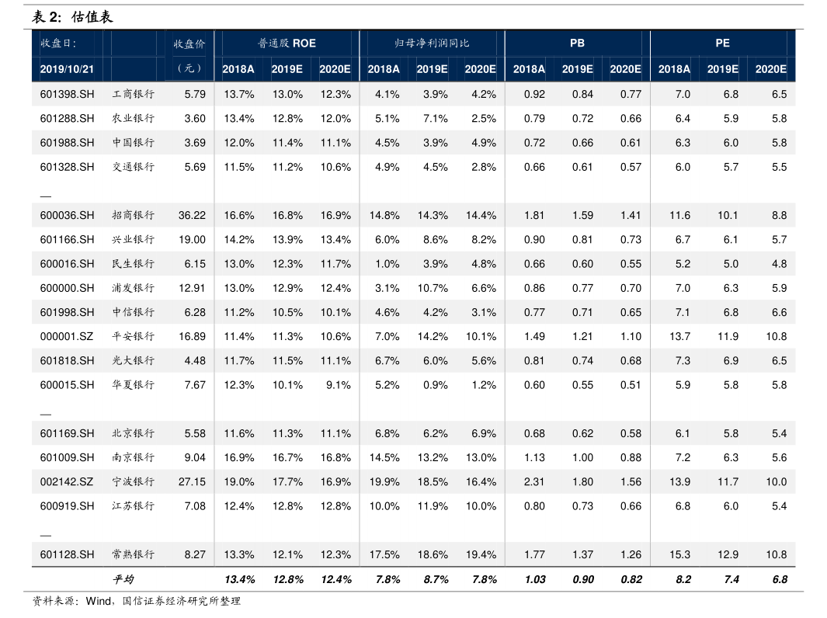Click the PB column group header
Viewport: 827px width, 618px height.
(x=577, y=43)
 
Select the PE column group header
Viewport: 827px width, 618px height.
(x=722, y=43)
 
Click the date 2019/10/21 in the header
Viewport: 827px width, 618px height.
(x=67, y=69)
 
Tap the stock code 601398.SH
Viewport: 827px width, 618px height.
(x=67, y=95)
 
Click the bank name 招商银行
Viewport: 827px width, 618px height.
(x=134, y=215)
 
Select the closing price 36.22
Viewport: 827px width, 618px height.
(x=192, y=215)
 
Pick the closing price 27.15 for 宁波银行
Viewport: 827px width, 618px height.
(x=192, y=481)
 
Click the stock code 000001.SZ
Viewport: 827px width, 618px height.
(x=67, y=336)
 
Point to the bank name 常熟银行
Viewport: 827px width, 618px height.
(x=134, y=554)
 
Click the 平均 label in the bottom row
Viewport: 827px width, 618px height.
(x=123, y=579)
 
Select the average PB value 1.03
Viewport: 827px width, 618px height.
(x=535, y=579)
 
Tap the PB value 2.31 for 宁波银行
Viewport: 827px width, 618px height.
(x=534, y=481)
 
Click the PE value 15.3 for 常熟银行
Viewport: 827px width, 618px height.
(x=679, y=554)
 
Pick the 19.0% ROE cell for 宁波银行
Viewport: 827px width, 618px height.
(x=239, y=481)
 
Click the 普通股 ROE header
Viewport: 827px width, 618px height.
(x=287, y=43)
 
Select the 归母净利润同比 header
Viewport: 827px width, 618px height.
(x=432, y=43)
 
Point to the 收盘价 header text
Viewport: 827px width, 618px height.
(x=189, y=43)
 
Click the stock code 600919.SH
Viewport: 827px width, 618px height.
(x=67, y=506)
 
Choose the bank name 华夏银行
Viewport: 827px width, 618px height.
(x=134, y=385)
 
